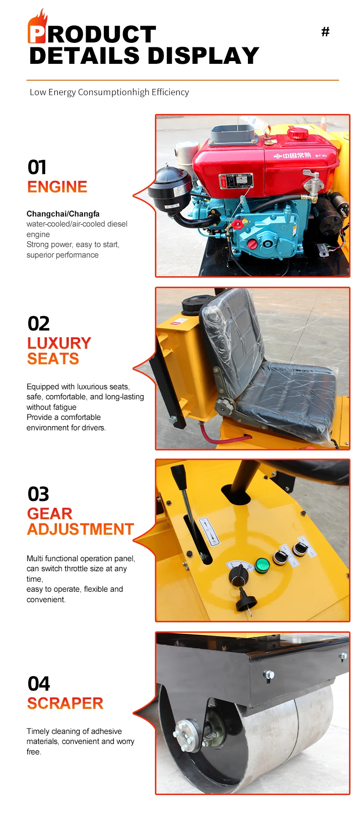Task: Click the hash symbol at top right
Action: click(x=325, y=31)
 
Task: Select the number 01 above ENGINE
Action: click(x=37, y=167)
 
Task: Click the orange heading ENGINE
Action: click(x=57, y=187)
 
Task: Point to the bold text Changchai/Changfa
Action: click(x=63, y=214)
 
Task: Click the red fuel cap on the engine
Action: click(x=298, y=133)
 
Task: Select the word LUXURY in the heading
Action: click(x=59, y=343)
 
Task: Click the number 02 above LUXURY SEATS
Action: click(x=38, y=324)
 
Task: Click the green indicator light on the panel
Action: click(x=262, y=565)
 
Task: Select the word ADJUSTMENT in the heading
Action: click(x=81, y=529)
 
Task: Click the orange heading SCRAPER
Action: click(x=65, y=703)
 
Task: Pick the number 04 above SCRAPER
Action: click(x=39, y=684)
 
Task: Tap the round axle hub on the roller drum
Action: click(x=187, y=735)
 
